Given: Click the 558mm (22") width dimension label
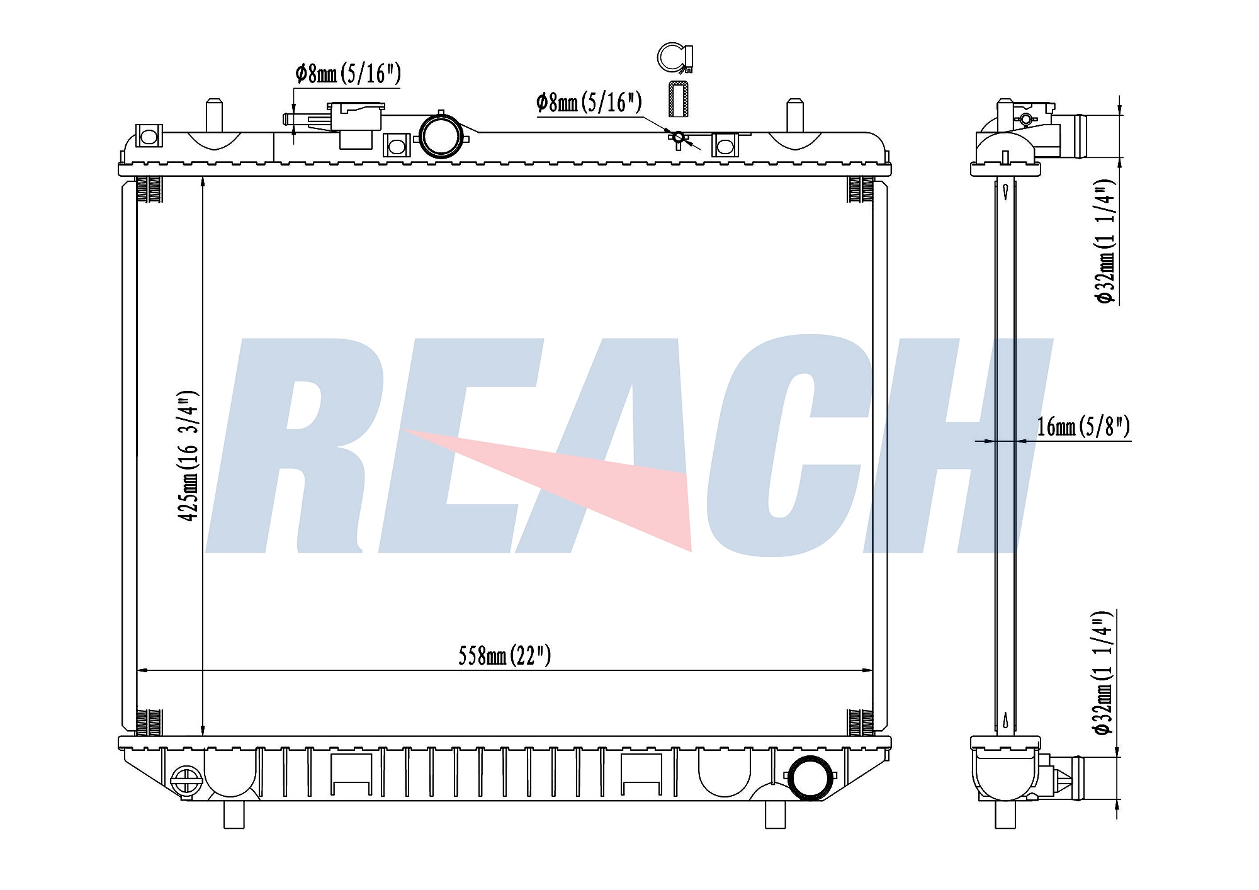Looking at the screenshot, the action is (x=505, y=656).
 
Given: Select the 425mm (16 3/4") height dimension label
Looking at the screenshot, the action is (x=188, y=456).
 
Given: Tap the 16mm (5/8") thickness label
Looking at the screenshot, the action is (x=1083, y=427).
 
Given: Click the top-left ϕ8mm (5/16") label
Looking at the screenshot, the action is (x=348, y=74).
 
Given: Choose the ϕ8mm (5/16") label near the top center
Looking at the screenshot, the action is (x=589, y=102).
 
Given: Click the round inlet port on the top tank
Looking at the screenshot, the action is (x=441, y=135).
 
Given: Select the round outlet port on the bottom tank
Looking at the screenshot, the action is (x=809, y=777).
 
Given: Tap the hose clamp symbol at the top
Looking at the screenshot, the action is (x=675, y=57).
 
